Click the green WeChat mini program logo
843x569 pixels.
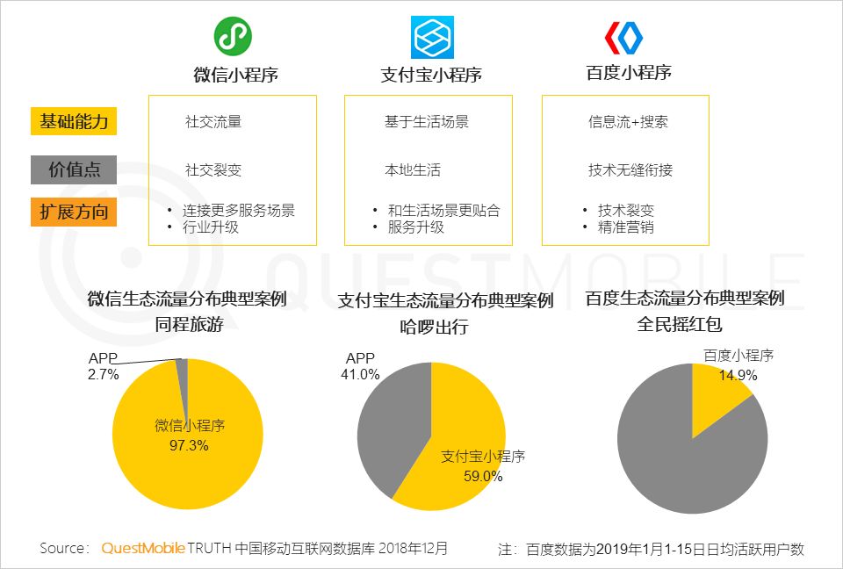[x=233, y=37]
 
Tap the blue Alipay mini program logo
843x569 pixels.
[x=432, y=37]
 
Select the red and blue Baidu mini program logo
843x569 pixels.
[x=623, y=38]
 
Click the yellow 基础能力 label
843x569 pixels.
[x=74, y=121]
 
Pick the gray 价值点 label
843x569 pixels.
[x=74, y=170]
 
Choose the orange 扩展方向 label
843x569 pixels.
[x=74, y=212]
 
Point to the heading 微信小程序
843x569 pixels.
[x=235, y=75]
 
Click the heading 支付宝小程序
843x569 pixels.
[x=430, y=75]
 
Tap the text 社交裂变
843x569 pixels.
[x=213, y=170]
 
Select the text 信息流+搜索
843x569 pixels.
[x=628, y=121]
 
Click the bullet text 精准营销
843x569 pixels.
[x=626, y=227]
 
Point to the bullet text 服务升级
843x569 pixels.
[x=416, y=227]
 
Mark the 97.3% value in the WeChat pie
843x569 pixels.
[x=189, y=445]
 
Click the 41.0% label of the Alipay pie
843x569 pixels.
[x=360, y=374]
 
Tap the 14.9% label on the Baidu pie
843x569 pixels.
[x=739, y=376]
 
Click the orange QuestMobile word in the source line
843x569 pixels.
[x=143, y=548]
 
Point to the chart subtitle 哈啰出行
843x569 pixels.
[x=434, y=327]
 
